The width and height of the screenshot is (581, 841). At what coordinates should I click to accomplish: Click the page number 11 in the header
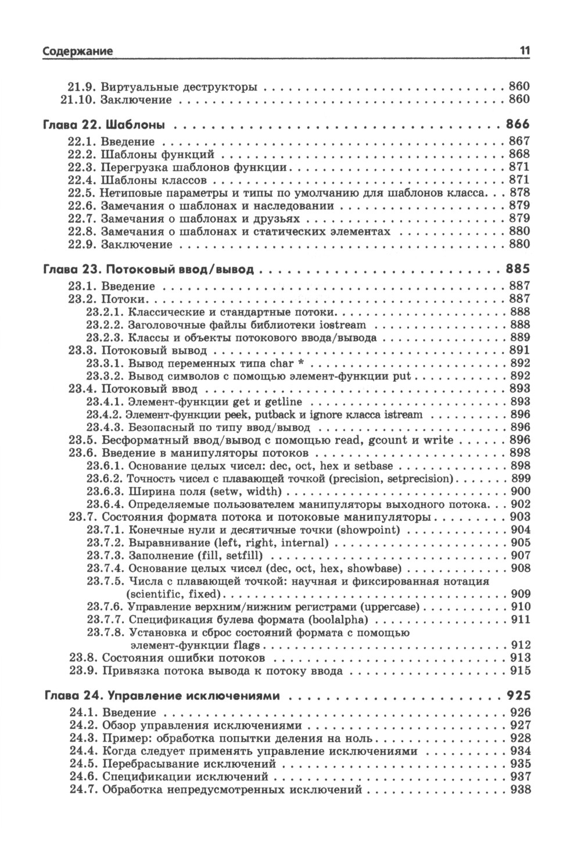click(x=524, y=51)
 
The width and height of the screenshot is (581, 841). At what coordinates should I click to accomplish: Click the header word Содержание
click(x=78, y=51)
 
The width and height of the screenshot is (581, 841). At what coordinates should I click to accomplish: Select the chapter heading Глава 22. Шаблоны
click(x=104, y=124)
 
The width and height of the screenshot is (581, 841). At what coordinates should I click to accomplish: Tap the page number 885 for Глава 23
click(x=518, y=270)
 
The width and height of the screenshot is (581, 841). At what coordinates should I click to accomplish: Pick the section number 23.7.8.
click(x=105, y=632)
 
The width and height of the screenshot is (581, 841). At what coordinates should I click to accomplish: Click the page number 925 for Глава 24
click(x=518, y=695)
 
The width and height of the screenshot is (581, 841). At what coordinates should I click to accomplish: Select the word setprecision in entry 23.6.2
click(x=420, y=478)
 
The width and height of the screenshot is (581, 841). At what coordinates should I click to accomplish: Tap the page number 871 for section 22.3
click(x=519, y=167)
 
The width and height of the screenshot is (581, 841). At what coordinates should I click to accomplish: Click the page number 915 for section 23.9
click(x=520, y=671)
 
